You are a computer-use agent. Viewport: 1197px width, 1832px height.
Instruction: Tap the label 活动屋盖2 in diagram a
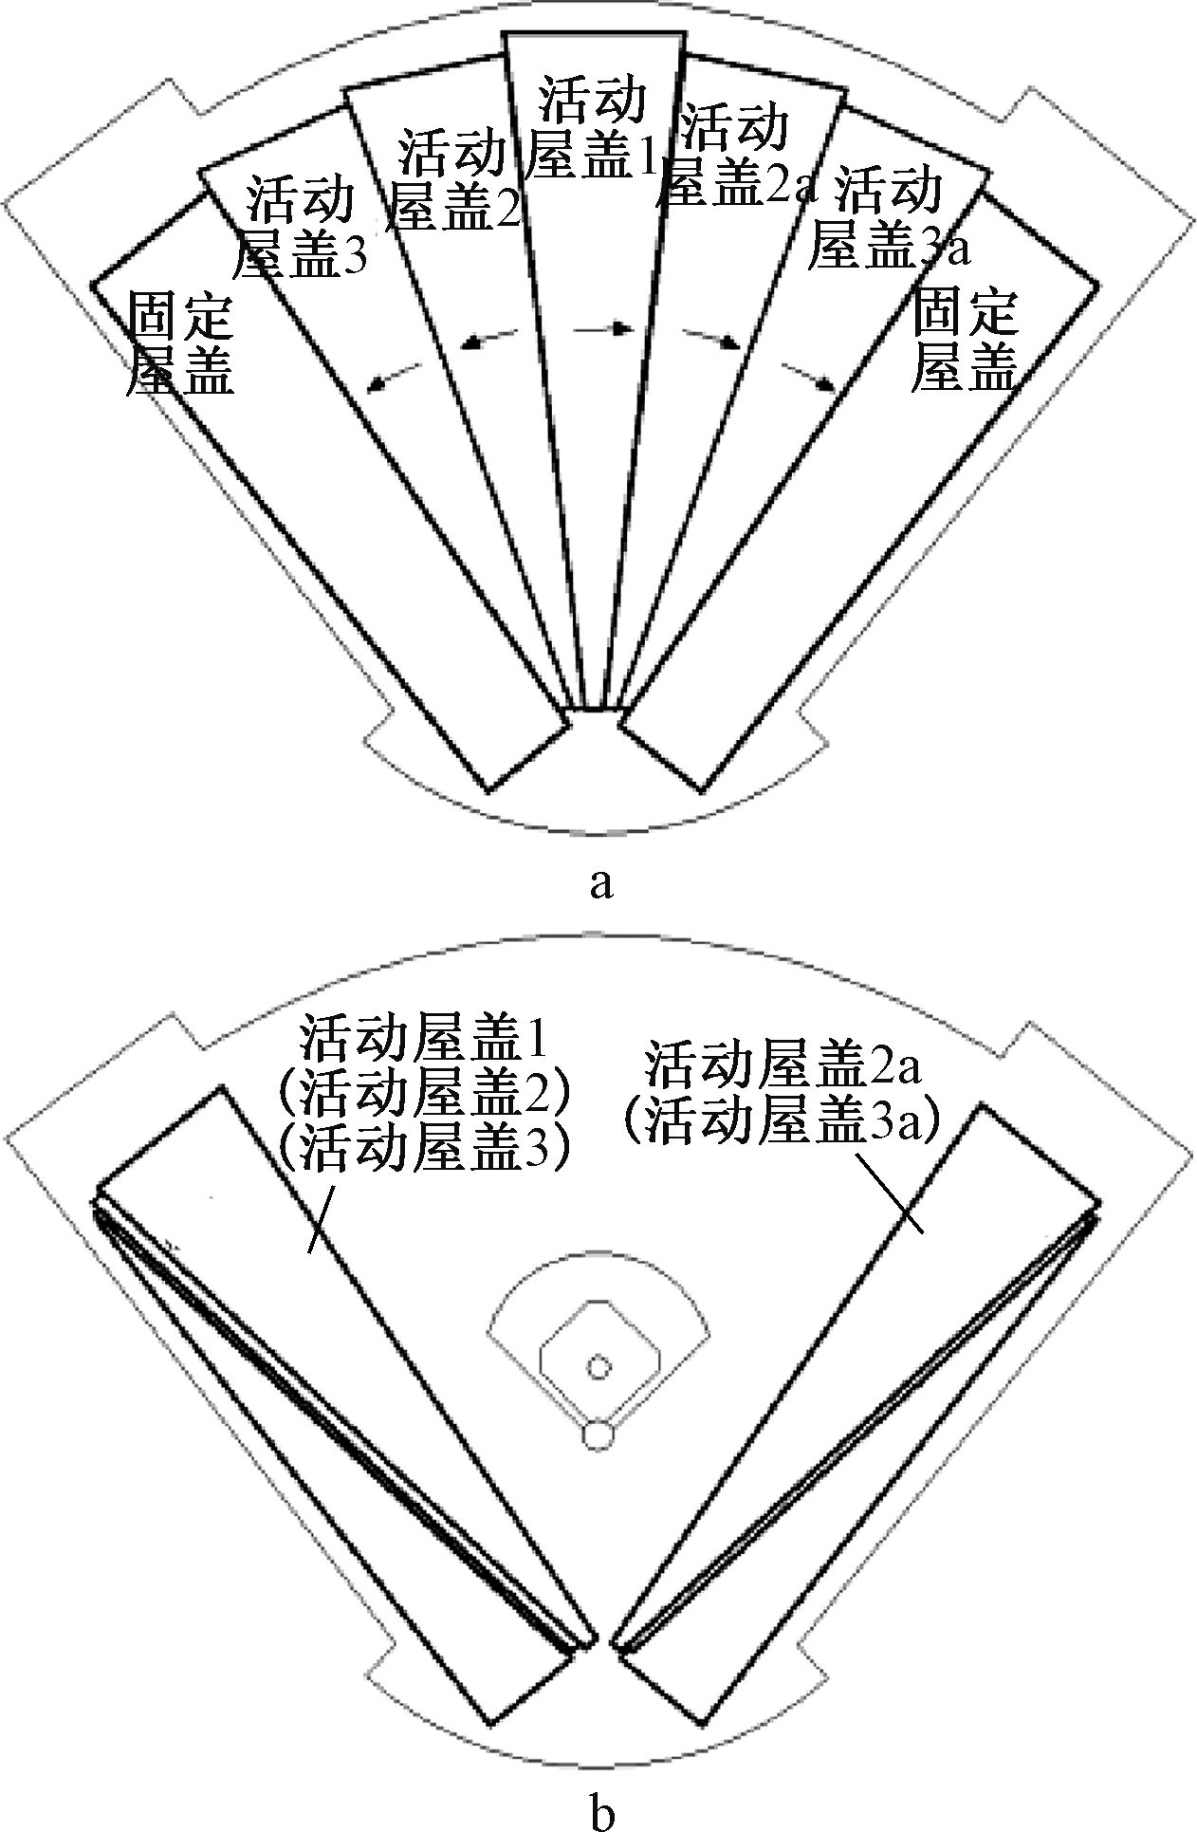tap(456, 180)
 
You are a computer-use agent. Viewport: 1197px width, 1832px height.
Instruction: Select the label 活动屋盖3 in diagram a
tap(300, 227)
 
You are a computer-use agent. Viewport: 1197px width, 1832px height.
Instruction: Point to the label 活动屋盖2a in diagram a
tap(736, 156)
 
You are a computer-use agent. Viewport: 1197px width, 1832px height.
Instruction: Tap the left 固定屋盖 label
tap(180, 343)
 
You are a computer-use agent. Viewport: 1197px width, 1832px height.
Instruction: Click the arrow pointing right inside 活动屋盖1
tap(603, 328)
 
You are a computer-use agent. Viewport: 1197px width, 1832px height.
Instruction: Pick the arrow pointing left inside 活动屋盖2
tap(490, 340)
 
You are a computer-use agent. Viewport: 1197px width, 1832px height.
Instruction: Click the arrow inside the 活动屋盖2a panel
tap(711, 340)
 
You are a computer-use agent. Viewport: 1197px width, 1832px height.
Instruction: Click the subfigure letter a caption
tap(600, 884)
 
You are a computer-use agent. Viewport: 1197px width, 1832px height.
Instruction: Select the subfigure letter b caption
tap(601, 1812)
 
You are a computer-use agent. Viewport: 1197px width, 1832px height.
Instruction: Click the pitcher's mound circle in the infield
tap(598, 1367)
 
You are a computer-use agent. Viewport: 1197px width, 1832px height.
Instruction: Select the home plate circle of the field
tap(597, 1435)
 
